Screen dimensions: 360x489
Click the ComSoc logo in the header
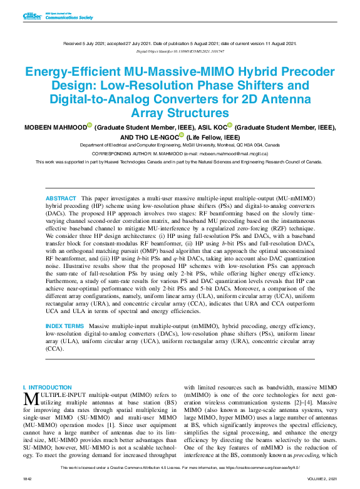tap(31, 16)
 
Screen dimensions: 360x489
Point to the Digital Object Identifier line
tap(180, 51)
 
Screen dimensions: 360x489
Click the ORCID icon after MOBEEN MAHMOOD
tap(89, 125)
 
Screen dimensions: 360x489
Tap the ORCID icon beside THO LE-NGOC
tap(182, 135)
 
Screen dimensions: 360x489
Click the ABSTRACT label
tap(61, 198)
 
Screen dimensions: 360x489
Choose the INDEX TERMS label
tap(64, 326)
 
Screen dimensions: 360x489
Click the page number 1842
tap(28, 478)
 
